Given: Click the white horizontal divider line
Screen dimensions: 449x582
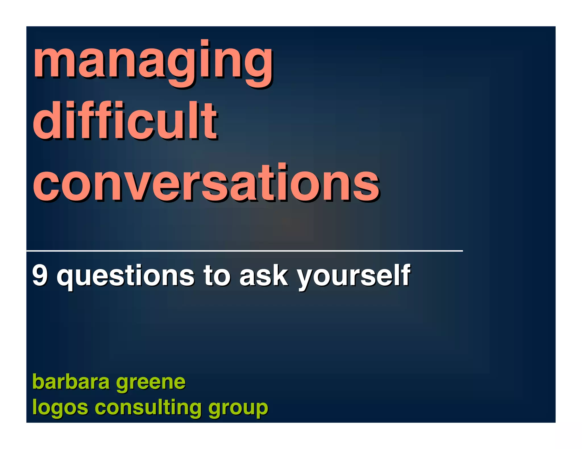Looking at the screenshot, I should (x=244, y=251).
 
